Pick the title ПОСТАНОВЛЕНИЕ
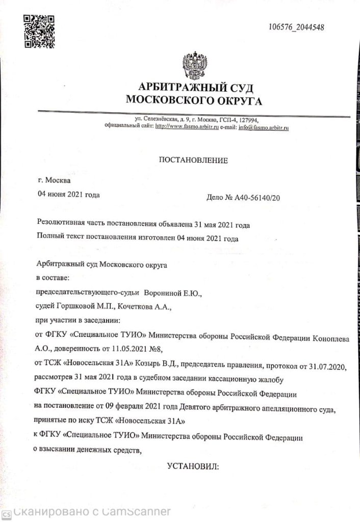tap(194, 161)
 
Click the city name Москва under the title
tap(59, 180)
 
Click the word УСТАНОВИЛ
tap(193, 466)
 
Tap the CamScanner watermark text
tap(92, 512)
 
